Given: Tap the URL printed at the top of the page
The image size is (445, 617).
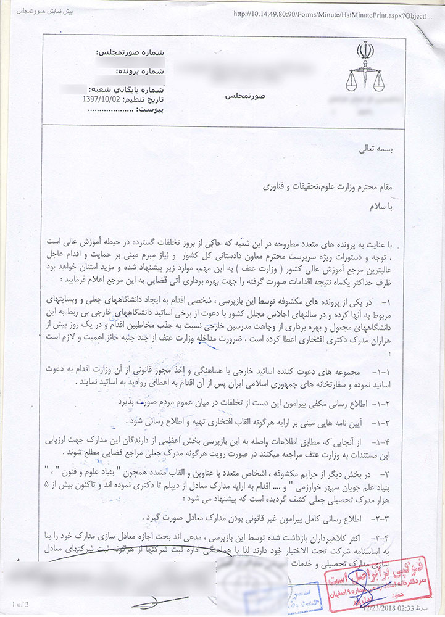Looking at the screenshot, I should pos(332,12).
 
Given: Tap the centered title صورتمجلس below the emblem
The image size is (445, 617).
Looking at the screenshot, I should pos(241,97).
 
